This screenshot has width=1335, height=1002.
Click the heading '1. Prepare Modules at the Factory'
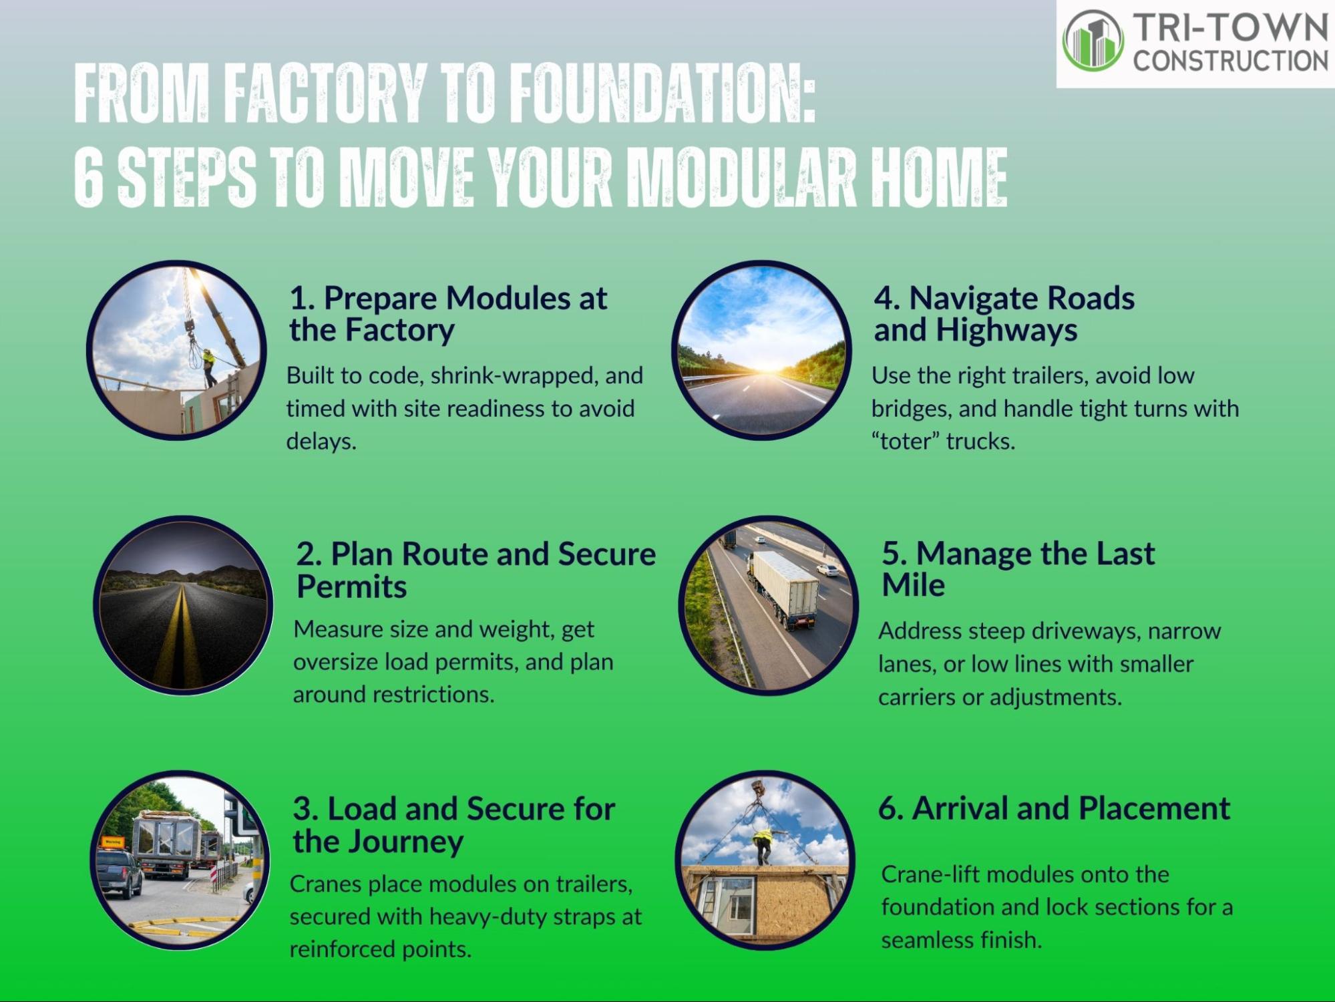tap(448, 314)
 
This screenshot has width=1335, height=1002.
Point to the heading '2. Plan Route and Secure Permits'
tap(476, 570)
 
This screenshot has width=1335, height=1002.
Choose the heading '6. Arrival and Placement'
tap(1054, 808)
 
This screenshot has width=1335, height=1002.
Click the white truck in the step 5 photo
tap(781, 588)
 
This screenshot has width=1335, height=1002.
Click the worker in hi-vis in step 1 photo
tap(209, 367)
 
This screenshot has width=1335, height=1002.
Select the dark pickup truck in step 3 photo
tap(119, 872)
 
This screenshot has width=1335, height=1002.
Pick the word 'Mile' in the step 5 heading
tap(913, 585)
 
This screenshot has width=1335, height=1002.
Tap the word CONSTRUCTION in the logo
tap(1230, 61)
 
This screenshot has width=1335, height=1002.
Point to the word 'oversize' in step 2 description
tap(336, 662)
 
